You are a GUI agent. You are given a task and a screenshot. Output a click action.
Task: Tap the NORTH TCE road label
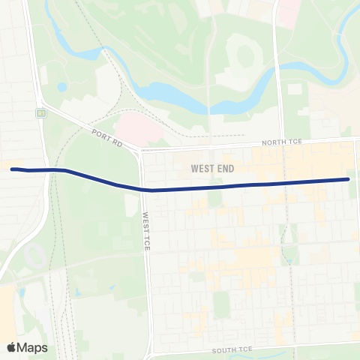coord(280,142)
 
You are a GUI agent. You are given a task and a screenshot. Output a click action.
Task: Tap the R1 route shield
coord(42,113)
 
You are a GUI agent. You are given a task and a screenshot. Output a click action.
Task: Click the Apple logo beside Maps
coord(12,347)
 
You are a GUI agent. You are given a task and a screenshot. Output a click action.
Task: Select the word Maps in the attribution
coord(33,347)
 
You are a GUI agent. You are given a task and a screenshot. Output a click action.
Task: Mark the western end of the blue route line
coord(12,169)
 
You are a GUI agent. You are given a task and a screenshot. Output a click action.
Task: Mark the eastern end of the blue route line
coord(349,179)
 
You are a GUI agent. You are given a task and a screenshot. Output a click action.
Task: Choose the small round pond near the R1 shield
coord(61,87)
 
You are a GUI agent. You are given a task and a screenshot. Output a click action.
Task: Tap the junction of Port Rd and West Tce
coord(140,151)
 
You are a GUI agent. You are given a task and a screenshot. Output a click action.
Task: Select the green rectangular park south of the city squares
coord(220,304)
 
